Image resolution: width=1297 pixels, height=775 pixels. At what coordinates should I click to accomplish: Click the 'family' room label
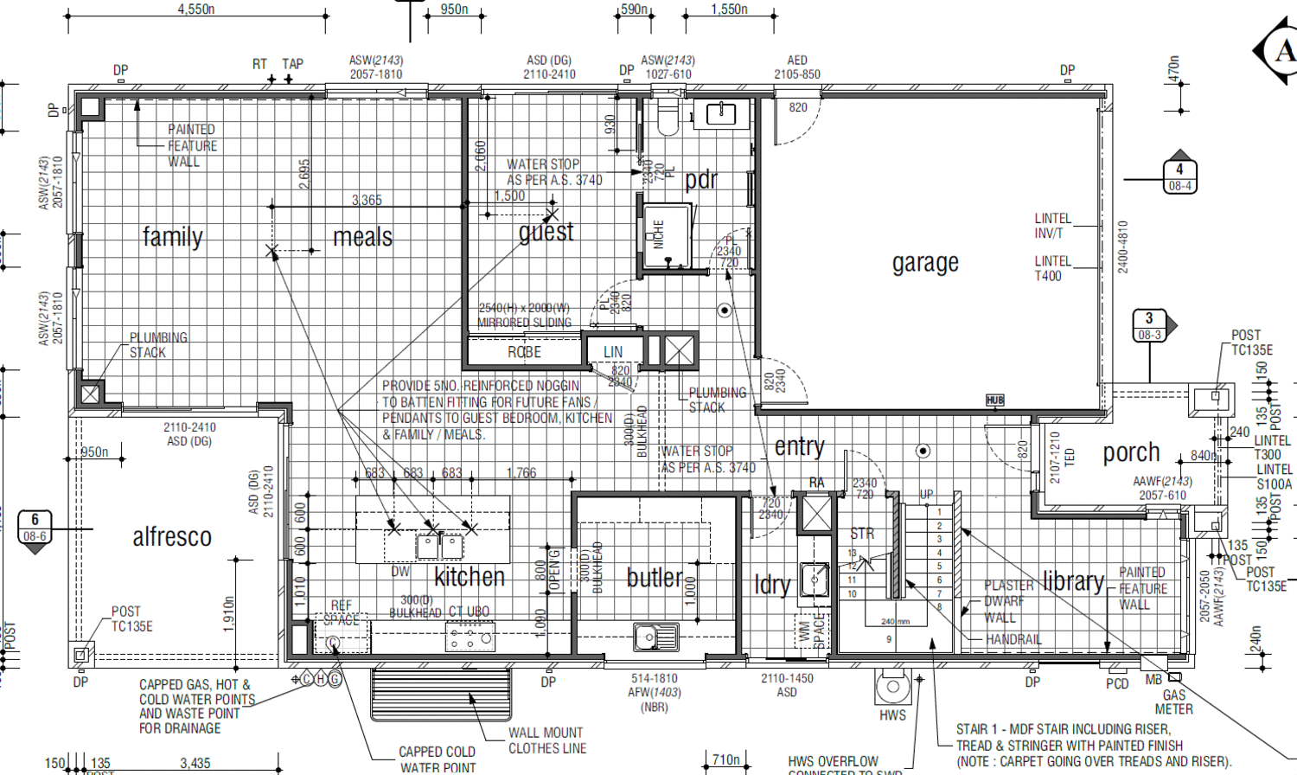coord(172,237)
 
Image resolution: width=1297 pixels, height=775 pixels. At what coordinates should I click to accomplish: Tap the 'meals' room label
coord(362,237)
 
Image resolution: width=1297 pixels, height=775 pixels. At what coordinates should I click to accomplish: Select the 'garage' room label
coord(925,263)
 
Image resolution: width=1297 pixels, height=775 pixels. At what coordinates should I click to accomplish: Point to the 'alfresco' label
coord(172,537)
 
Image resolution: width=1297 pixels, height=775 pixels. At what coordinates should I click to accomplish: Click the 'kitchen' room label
coord(470,577)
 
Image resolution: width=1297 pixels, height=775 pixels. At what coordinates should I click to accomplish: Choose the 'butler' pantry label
coord(655,578)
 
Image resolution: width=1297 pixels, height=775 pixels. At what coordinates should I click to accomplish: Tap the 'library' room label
coord(1073,581)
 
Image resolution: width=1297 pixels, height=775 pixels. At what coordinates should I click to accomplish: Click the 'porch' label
coord(1131,452)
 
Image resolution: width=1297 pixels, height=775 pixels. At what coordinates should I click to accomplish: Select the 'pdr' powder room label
coord(701,180)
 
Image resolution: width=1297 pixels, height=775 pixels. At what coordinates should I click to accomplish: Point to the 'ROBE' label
coord(524,352)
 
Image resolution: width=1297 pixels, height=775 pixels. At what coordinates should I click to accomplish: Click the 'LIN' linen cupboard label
coord(613,352)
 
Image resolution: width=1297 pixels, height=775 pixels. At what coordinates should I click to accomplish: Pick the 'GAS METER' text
coord(1174,701)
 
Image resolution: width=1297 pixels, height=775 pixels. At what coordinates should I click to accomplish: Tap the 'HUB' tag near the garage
coord(994,400)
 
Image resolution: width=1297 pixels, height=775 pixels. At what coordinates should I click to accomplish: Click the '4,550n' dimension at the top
coord(196,10)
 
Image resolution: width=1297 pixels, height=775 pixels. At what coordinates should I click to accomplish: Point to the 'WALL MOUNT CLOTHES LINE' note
coord(546,740)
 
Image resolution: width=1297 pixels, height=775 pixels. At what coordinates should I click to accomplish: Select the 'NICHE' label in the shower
coord(659,234)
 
